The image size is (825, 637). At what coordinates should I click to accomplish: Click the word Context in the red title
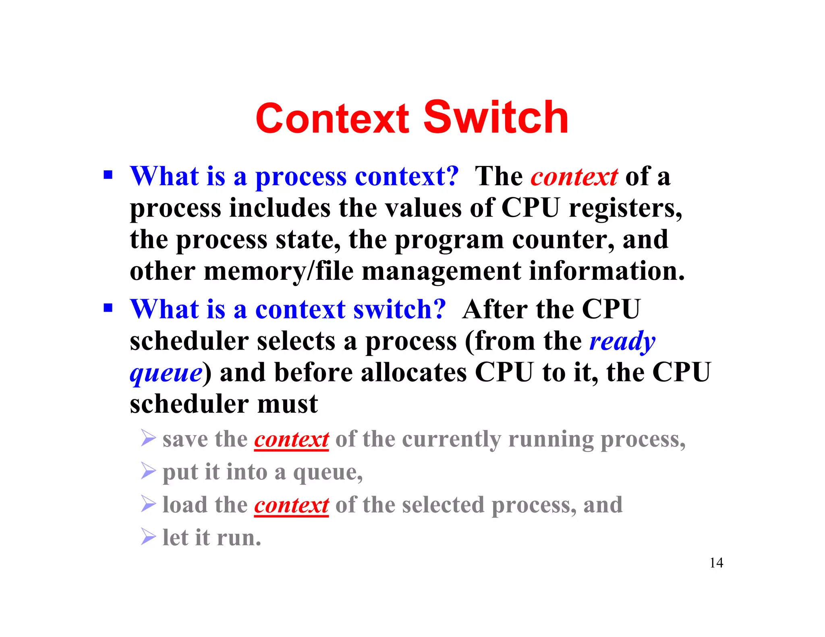tap(332, 118)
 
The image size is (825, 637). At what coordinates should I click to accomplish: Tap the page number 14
tap(716, 563)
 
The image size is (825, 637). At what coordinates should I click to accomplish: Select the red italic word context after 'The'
tap(574, 177)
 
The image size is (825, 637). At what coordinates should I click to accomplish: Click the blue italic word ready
tap(622, 341)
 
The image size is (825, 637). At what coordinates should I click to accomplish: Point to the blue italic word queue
tap(166, 373)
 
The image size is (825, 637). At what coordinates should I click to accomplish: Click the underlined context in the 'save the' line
tap(292, 439)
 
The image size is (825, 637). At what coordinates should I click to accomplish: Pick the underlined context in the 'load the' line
tap(292, 505)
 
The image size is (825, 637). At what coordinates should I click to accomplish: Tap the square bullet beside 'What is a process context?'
tap(108, 175)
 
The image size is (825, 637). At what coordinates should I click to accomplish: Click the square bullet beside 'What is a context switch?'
tap(108, 308)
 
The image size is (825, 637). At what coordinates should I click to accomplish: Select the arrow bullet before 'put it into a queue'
tap(148, 471)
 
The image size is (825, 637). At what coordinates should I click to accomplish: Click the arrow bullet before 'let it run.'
tap(148, 537)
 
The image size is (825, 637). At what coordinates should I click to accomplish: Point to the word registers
tap(625, 209)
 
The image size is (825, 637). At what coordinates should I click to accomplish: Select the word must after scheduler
tap(288, 404)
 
